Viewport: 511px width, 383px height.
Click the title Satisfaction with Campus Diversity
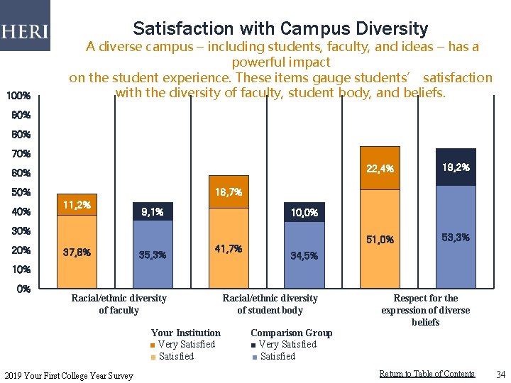pyautogui.click(x=280, y=28)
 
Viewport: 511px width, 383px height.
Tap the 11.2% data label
pyautogui.click(x=77, y=205)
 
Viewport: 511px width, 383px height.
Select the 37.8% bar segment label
pyautogui.click(x=77, y=252)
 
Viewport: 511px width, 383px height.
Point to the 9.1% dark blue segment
pyautogui.click(x=152, y=211)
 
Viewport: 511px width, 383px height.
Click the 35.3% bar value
pyautogui.click(x=152, y=255)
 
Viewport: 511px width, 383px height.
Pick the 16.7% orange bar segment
pyautogui.click(x=229, y=192)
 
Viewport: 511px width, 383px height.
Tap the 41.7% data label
pyautogui.click(x=229, y=249)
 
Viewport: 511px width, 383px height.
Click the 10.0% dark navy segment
pyautogui.click(x=304, y=212)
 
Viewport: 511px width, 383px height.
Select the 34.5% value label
pyautogui.click(x=304, y=255)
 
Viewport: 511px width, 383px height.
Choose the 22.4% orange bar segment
pyautogui.click(x=380, y=169)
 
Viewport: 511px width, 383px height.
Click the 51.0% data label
pyautogui.click(x=380, y=240)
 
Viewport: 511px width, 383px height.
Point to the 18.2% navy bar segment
pyautogui.click(x=456, y=167)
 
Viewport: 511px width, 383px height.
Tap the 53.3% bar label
pyautogui.click(x=456, y=237)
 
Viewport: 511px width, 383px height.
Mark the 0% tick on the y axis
pyautogui.click(x=23, y=289)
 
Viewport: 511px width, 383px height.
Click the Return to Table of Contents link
pyautogui.click(x=427, y=374)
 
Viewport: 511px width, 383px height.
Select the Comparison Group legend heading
pyautogui.click(x=291, y=333)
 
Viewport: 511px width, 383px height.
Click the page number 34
pyautogui.click(x=500, y=374)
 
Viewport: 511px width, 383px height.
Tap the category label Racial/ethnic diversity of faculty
pyautogui.click(x=119, y=304)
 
